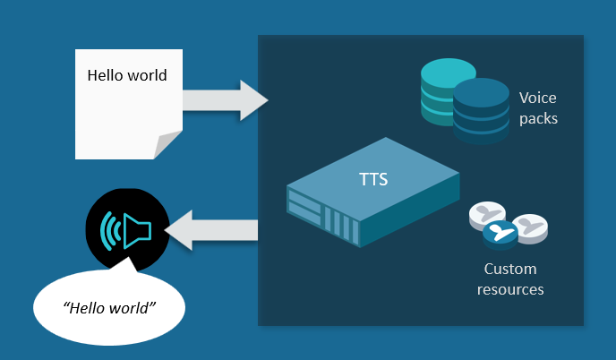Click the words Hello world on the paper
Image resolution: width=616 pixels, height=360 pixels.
coord(127,75)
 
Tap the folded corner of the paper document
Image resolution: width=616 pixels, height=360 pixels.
coord(168,143)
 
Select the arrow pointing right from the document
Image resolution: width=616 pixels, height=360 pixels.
coord(225,99)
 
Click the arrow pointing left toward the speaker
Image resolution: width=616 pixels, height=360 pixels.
coord(211,231)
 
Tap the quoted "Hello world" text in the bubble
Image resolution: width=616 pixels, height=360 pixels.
coord(110,307)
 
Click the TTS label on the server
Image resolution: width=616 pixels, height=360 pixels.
coord(373,179)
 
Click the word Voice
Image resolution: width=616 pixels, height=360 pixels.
coord(538,98)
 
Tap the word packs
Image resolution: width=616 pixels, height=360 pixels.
coord(538,117)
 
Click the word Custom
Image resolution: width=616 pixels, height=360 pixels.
coord(510,269)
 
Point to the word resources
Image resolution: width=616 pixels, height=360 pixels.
coord(510,289)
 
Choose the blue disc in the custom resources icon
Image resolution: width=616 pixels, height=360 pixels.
coord(501,234)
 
